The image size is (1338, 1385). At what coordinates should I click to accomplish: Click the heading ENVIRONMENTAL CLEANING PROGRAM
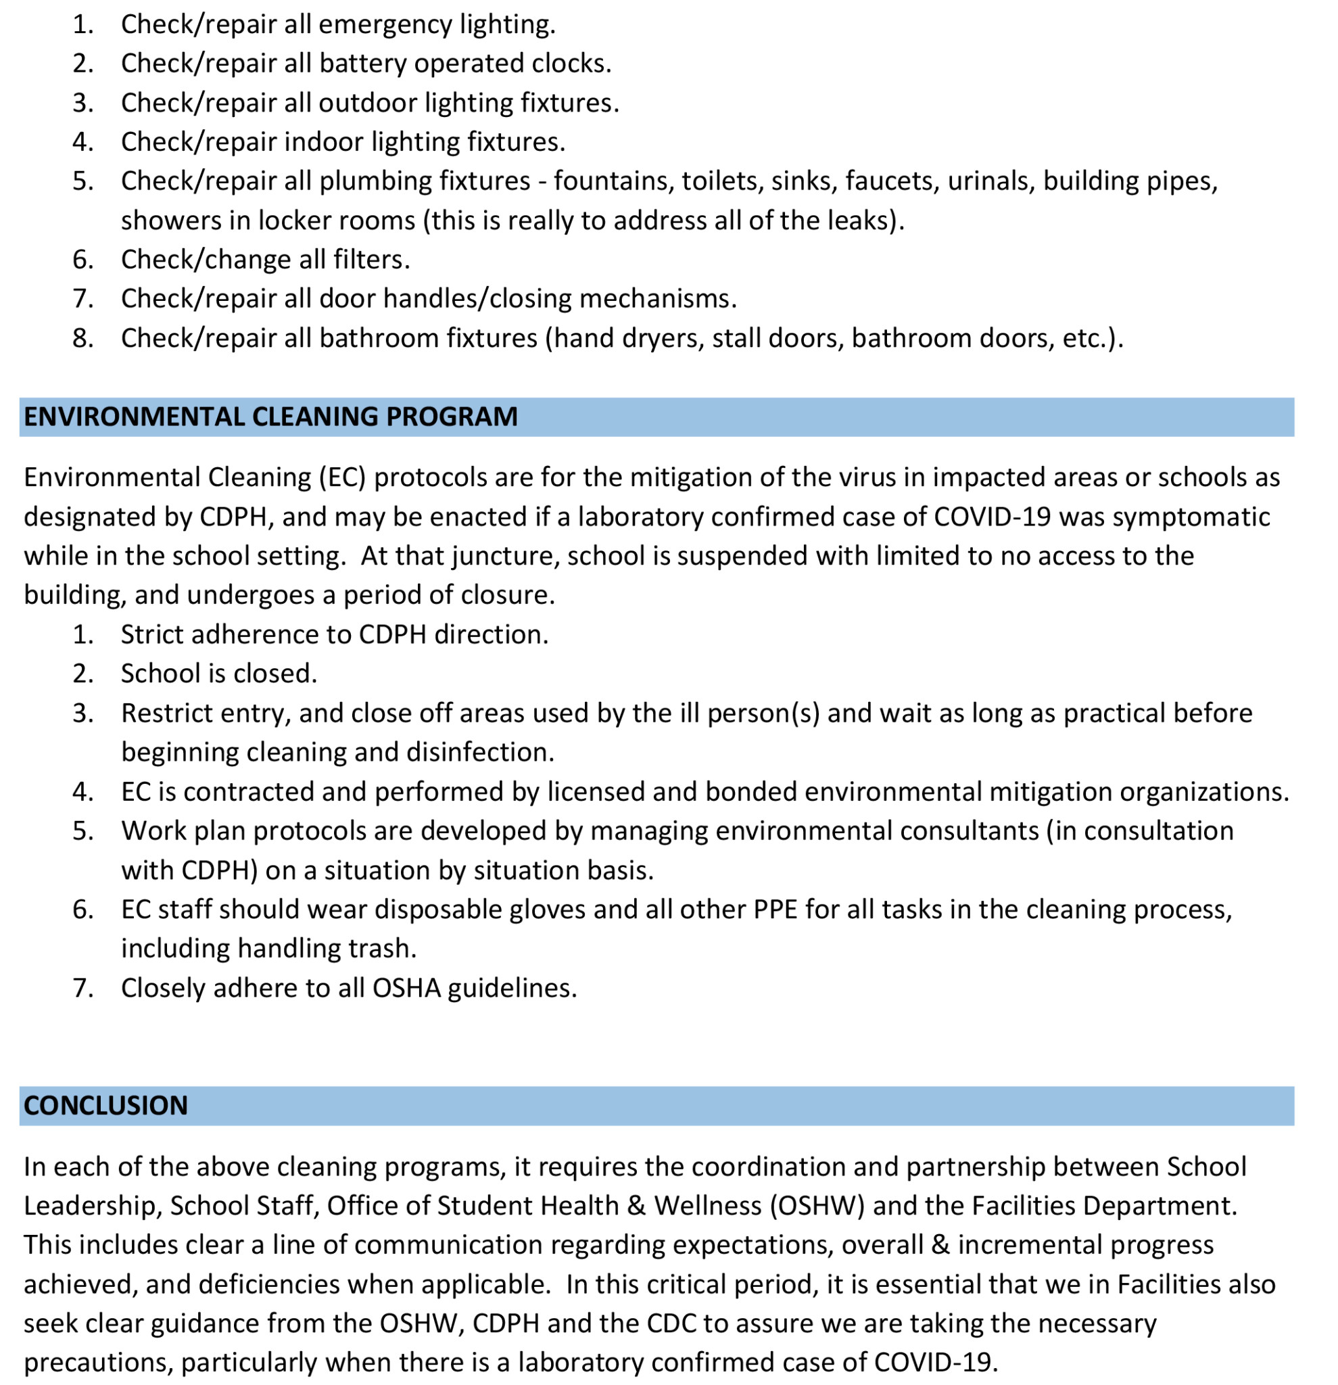click(x=270, y=417)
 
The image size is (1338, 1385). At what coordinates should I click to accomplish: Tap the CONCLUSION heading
click(x=106, y=1106)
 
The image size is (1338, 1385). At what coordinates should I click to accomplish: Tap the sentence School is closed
click(x=219, y=674)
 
